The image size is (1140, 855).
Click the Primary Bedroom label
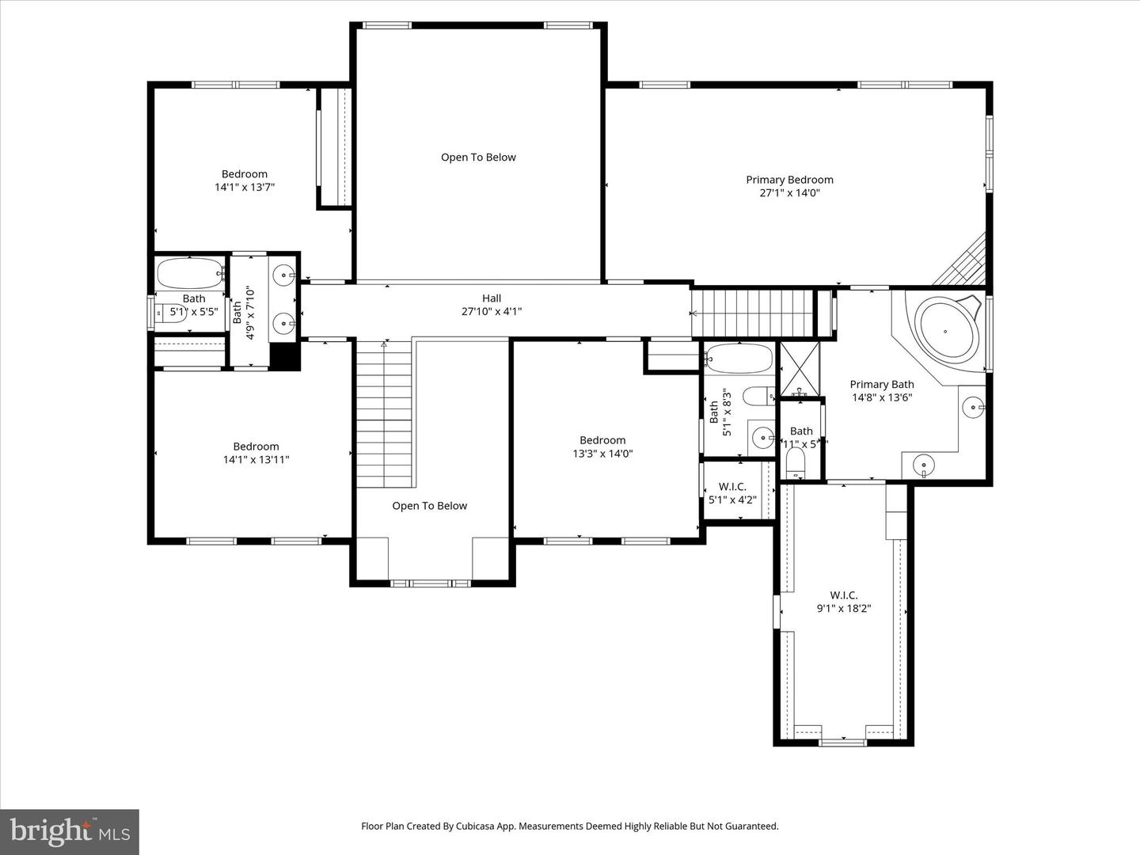[789, 180]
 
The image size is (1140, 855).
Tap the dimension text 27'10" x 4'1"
[491, 312]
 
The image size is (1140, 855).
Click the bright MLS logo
[70, 831]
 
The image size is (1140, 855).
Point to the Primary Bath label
[881, 385]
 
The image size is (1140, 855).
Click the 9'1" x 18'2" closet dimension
[843, 609]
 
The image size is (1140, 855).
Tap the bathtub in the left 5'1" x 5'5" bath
[190, 273]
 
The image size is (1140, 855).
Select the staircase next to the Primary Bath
[752, 313]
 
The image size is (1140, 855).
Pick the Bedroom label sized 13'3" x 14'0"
[602, 440]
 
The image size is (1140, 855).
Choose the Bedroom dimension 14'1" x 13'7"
[244, 188]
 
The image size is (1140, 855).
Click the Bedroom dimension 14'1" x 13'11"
[256, 460]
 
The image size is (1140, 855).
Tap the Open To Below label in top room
[478, 158]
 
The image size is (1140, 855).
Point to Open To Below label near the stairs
[429, 506]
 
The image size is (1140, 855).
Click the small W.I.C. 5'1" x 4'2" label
[732, 487]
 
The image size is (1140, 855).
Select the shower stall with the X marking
[800, 369]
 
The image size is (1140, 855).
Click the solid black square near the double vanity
[285, 356]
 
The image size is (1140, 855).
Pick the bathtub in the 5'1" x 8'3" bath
[739, 358]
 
